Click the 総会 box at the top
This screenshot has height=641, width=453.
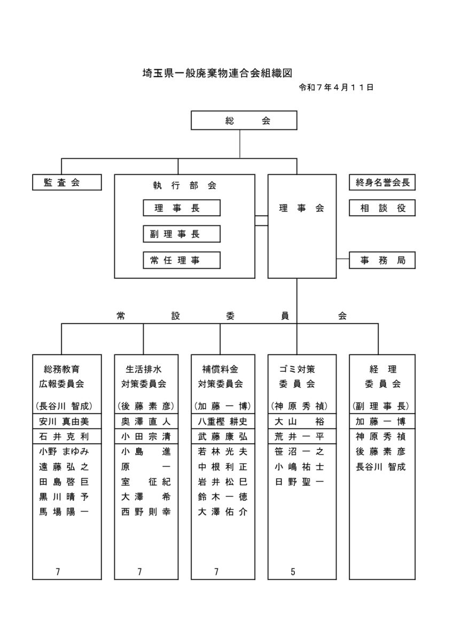click(244, 120)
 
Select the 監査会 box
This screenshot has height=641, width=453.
click(67, 182)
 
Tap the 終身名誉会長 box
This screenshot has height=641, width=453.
click(382, 182)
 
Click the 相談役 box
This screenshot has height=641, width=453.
click(382, 208)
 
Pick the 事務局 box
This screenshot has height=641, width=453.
click(382, 261)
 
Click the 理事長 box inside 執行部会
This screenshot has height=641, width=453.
click(182, 208)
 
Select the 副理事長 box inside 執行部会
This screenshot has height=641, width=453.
click(182, 234)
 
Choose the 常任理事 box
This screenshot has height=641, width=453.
click(182, 260)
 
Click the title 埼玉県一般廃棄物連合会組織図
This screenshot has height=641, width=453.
click(218, 73)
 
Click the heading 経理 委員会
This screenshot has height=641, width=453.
click(382, 376)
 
